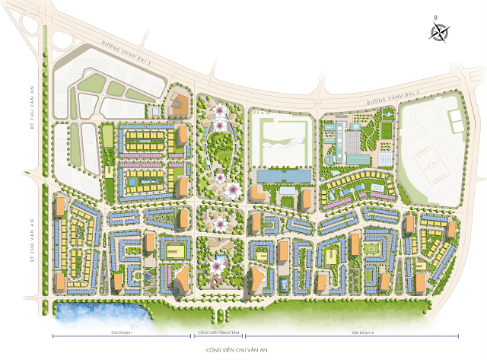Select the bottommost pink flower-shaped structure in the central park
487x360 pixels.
(221, 266)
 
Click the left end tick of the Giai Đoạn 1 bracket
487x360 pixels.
(53, 333)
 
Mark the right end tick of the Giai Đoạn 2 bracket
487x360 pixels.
(459, 333)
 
